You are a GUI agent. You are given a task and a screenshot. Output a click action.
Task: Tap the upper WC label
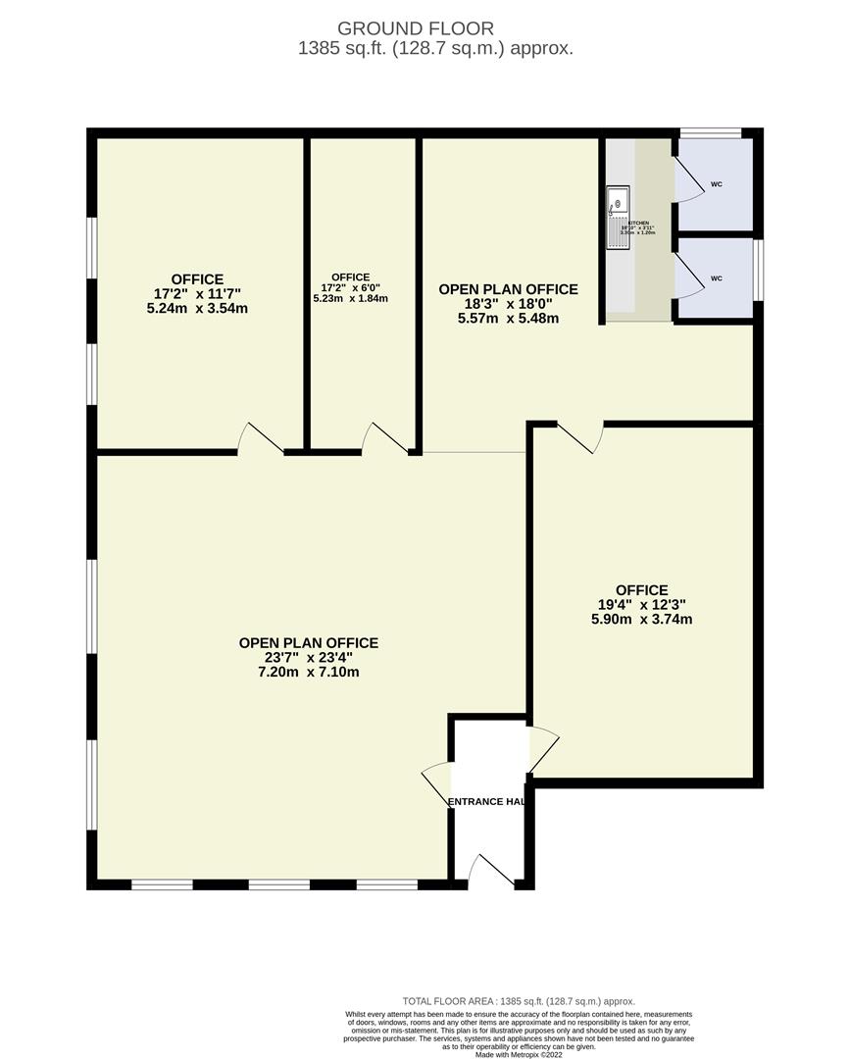(716, 184)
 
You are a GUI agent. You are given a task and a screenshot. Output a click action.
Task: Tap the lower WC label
(716, 278)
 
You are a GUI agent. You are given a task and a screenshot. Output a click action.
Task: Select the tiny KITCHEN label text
(638, 223)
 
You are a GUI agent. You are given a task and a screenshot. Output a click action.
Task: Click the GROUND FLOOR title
(416, 28)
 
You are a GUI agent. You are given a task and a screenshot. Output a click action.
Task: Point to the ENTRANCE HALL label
(486, 801)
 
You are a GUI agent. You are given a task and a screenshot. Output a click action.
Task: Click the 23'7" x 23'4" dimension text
(308, 658)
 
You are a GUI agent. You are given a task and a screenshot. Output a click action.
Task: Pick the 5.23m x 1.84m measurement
(350, 298)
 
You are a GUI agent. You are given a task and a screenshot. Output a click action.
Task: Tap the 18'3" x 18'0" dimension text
(508, 304)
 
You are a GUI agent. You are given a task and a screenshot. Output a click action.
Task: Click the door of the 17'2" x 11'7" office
(261, 438)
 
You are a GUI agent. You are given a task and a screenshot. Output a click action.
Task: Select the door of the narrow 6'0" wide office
(384, 438)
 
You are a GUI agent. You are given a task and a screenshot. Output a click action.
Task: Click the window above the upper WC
(711, 132)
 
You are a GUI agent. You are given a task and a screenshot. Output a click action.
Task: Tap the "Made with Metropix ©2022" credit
(519, 1054)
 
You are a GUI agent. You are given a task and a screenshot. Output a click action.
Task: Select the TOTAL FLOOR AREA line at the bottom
(519, 1001)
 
